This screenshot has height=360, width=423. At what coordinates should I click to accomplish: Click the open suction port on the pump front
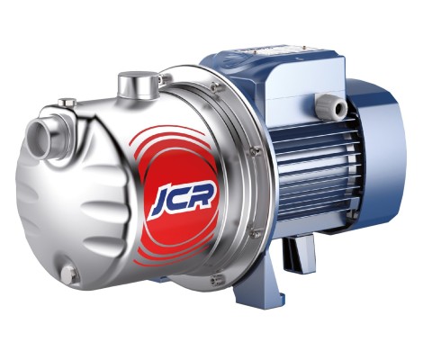pos(37,138)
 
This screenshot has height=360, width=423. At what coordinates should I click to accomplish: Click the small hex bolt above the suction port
pos(67,102)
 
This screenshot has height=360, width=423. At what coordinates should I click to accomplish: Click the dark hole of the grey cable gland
pos(340,108)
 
